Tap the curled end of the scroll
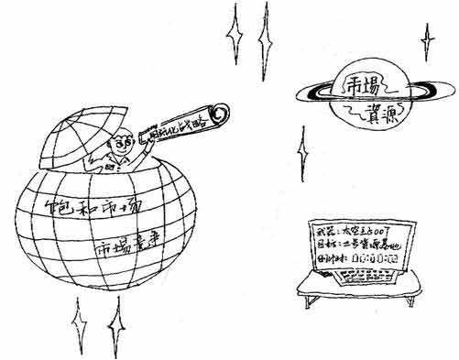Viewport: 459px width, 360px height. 219,112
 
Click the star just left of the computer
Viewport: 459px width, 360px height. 302,144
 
